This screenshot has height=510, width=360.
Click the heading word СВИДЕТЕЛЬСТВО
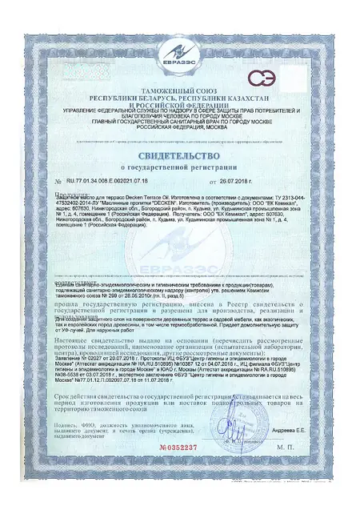coord(179,153)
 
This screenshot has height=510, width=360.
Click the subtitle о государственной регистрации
coord(179,168)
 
